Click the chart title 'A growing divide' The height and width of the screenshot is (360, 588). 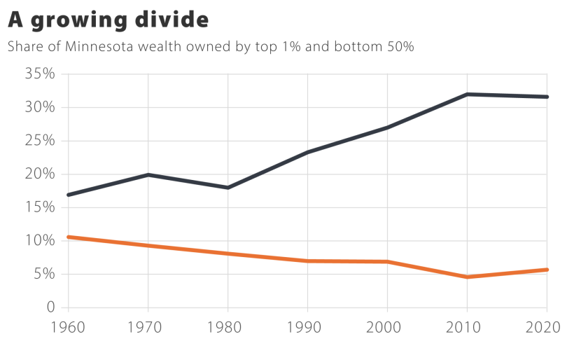pos(108,20)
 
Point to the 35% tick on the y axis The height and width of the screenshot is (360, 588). pos(41,74)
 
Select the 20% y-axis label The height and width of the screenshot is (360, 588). pos(41,174)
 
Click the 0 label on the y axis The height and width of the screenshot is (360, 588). pos(50,307)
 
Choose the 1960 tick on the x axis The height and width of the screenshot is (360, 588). pos(68,326)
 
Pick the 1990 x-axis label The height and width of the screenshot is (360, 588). pos(308,326)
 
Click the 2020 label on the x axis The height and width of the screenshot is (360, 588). pos(546,326)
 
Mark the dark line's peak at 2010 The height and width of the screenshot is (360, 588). pos(467,94)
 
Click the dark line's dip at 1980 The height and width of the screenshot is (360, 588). pos(228,188)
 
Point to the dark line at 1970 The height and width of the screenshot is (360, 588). pos(148,174)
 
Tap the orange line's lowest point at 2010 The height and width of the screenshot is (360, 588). pos(467,277)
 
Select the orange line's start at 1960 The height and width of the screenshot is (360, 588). pos(69,237)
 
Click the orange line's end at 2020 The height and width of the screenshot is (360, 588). pos(546,270)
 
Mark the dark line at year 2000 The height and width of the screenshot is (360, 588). pos(387,127)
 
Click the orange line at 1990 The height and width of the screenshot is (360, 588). pos(308,261)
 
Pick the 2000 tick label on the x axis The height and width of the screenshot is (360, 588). pos(387,326)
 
